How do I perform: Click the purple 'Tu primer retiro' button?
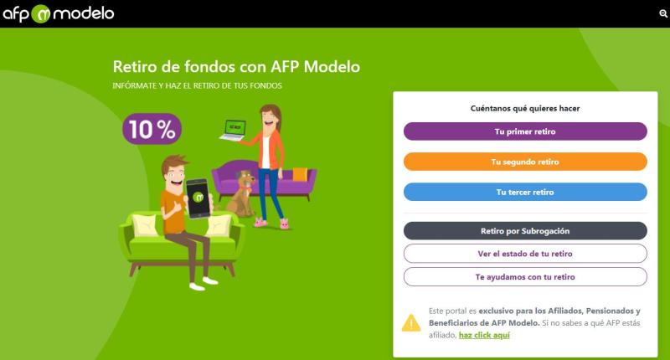[x=525, y=131]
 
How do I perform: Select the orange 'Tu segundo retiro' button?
[x=525, y=162]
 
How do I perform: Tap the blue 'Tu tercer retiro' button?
[x=525, y=192]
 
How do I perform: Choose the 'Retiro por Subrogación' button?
[x=525, y=230]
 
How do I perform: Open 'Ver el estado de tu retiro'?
[x=525, y=253]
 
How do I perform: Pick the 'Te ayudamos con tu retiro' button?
[x=525, y=276]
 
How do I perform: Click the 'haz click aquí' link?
[x=483, y=335]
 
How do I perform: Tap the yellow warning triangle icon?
[x=411, y=322]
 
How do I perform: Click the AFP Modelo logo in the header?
[x=58, y=13]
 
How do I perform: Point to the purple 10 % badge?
[x=152, y=128]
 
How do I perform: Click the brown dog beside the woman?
[x=242, y=195]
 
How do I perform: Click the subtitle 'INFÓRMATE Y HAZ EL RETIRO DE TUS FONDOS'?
[x=197, y=86]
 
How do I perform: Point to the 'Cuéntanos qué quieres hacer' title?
[x=525, y=108]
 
